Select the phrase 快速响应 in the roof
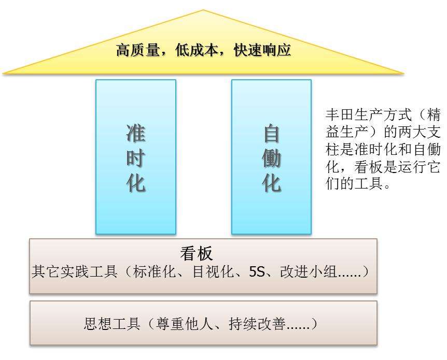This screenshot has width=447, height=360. pos(262,50)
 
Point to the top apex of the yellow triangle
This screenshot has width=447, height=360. pos(203,10)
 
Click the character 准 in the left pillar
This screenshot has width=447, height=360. pos(136,134)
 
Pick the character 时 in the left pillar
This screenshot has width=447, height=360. pos(136,159)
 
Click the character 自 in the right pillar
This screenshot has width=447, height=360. pos(271,134)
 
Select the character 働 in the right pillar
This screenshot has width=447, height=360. pos(271,159)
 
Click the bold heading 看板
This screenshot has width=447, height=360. pos(197,253)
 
